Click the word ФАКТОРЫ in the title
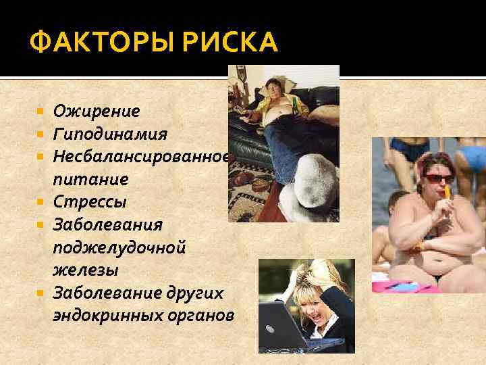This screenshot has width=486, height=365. pos(92,42)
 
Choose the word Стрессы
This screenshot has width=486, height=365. pos(90,201)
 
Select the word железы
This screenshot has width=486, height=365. pos(86,270)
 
